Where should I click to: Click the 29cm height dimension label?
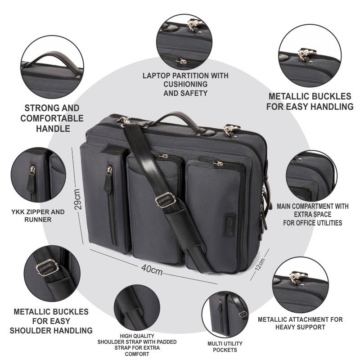(x=77, y=198)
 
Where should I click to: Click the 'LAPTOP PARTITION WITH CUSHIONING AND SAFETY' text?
(x=185, y=84)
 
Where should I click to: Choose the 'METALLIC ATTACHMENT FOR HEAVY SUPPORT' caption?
(x=300, y=323)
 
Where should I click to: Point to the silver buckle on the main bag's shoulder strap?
(x=165, y=199)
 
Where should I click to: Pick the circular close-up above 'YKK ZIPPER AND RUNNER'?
(x=39, y=176)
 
